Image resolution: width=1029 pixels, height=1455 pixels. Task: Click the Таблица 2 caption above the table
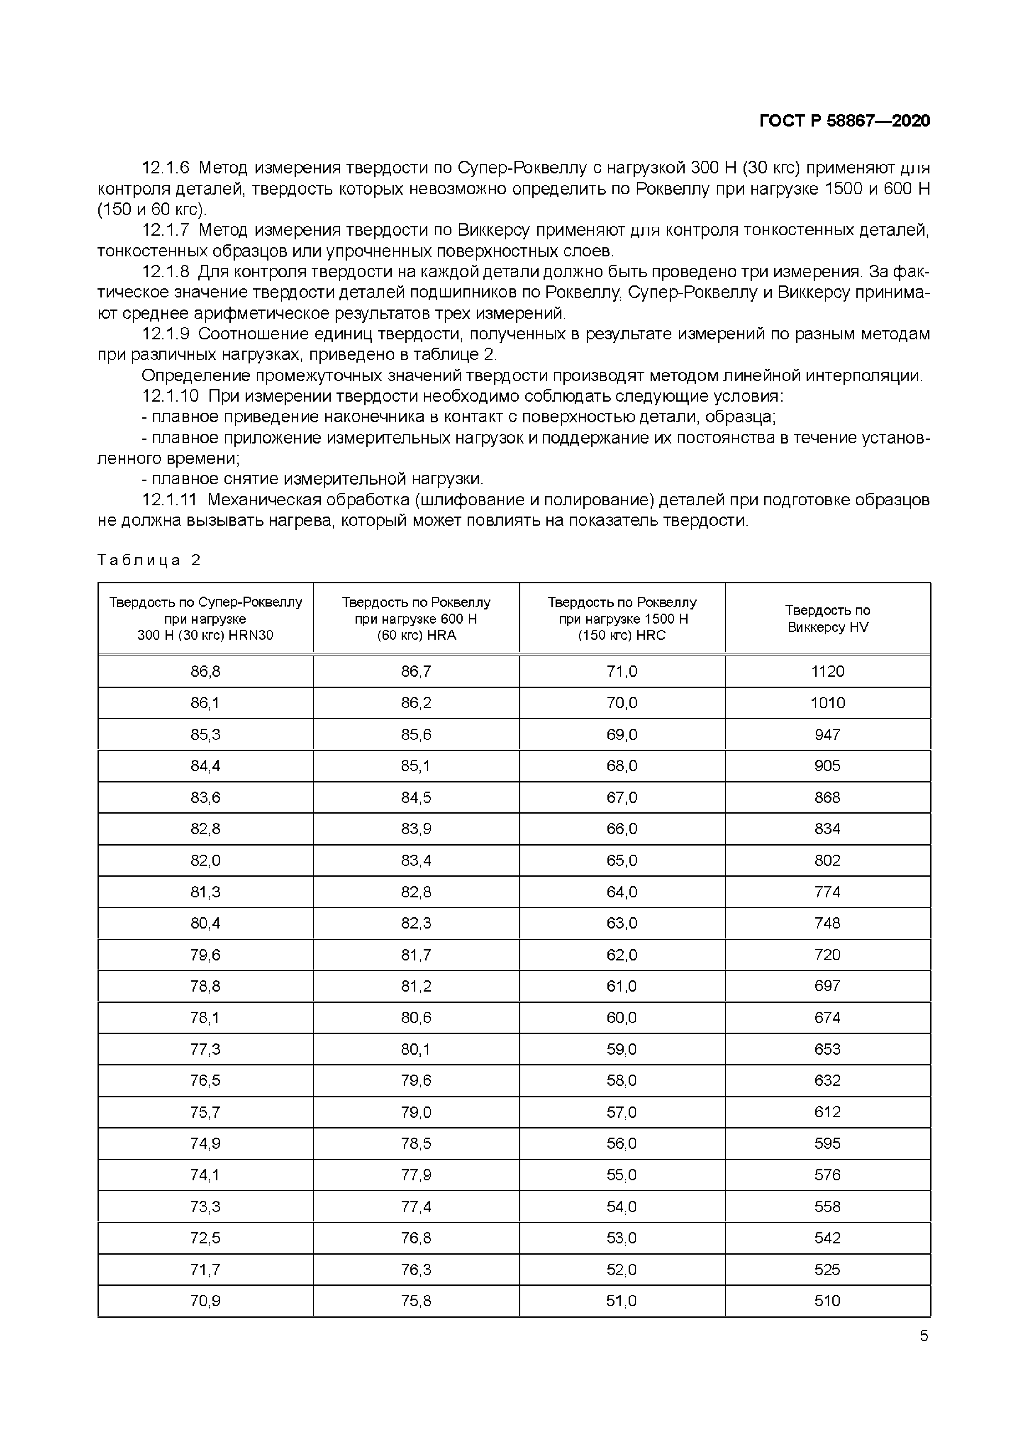coord(149,560)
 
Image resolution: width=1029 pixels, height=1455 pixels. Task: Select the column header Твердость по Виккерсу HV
coord(827,619)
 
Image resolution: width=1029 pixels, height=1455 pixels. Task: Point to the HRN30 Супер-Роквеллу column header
coord(205,619)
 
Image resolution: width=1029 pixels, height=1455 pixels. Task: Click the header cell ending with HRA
coord(416,619)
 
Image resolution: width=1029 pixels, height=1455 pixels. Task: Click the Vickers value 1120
coord(827,671)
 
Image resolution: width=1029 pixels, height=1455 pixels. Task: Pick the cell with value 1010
coord(827,703)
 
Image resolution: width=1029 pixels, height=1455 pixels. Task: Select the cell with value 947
coord(827,734)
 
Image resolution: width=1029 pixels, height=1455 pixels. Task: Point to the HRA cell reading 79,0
coord(416,1112)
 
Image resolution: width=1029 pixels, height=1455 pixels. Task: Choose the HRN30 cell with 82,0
coord(205,860)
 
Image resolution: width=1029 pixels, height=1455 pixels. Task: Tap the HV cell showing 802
coord(827,860)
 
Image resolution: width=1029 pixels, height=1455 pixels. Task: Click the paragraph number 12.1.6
coord(166,168)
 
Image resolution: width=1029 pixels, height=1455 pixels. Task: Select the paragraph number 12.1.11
coord(169,500)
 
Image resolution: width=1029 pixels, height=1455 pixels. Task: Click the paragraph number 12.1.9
coord(166,334)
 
